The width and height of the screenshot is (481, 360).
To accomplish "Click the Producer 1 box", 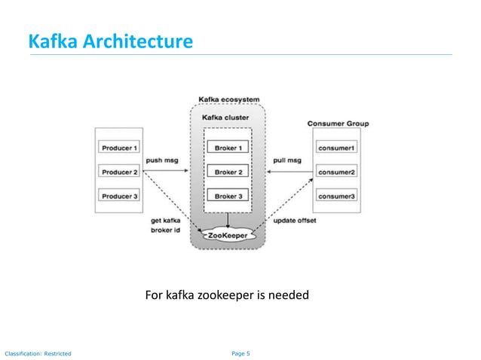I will pos(118,148).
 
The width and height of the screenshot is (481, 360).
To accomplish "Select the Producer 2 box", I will pos(118,172).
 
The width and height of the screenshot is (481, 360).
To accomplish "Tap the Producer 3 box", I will pos(118,197).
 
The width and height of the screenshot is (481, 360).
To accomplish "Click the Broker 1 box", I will pos(228,148).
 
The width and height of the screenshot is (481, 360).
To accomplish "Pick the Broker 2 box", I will pos(228,172).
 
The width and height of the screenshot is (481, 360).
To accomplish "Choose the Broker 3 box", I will pos(228,196).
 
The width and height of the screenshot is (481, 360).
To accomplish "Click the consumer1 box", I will pos(336,148).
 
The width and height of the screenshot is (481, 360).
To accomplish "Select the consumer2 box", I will pos(336,172).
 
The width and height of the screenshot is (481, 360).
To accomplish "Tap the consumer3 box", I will pos(336,197).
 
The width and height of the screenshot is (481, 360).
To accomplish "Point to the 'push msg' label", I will pos(161,160).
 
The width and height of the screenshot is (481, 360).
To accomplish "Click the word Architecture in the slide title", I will pos(137,41).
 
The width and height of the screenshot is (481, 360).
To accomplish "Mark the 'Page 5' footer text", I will pos(239,352).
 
